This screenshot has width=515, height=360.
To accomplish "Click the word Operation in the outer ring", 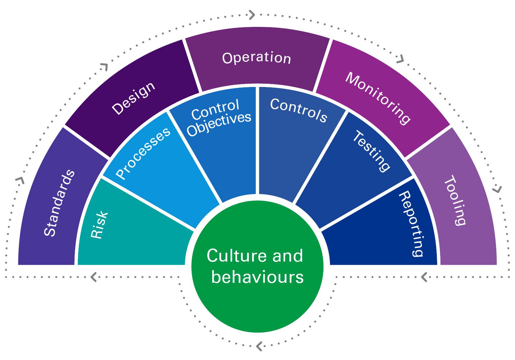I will click(256, 58).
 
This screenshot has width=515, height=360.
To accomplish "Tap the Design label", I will click(133, 98).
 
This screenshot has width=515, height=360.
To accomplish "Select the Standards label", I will click(60, 203).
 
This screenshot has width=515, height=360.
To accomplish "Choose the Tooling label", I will click(455, 200).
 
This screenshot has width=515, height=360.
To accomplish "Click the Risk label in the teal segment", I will click(99, 225).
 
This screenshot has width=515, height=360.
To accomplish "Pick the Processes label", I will click(143, 153).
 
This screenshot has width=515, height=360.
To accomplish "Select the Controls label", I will click(299, 110).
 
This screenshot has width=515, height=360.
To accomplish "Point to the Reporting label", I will click(411, 224).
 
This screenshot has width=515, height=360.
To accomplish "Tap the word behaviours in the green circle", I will click(257, 277).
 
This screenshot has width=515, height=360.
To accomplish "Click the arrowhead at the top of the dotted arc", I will click(251, 15).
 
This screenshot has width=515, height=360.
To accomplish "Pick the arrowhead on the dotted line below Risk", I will click(94, 277).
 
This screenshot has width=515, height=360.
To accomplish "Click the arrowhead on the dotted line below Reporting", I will click(424, 277).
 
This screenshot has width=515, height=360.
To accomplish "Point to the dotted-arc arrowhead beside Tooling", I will click(497, 189).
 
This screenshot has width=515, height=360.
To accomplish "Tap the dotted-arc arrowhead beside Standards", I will click(20, 180).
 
